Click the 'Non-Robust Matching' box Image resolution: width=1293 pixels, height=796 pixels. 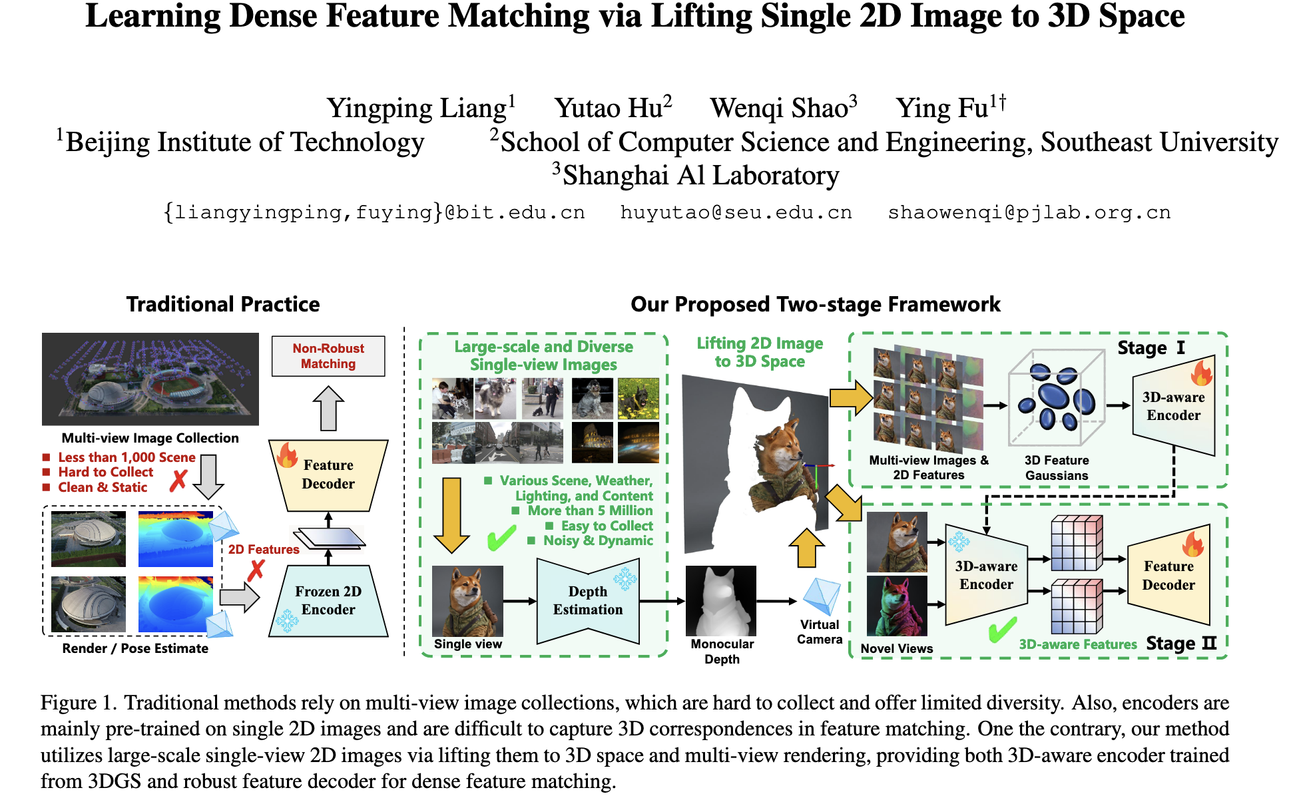pos(328,356)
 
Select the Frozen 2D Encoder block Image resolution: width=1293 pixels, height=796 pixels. pos(328,600)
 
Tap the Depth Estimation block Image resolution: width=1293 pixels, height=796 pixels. pos(588,600)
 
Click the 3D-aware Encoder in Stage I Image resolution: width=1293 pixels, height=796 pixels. pos(1173,406)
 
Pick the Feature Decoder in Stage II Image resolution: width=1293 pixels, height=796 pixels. pos(1168,576)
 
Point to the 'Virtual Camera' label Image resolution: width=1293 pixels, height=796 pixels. pos(820,632)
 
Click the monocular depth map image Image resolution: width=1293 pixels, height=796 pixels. pos(721,601)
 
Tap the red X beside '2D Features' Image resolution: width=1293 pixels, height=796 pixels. pos(256,570)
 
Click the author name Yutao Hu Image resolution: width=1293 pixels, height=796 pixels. pos(613,108)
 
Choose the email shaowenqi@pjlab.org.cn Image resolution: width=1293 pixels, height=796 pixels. pos(1029,212)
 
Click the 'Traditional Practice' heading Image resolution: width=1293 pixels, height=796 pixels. pos(223,304)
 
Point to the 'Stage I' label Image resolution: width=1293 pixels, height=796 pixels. pos(1151,347)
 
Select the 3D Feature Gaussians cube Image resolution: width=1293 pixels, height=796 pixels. pos(1056,397)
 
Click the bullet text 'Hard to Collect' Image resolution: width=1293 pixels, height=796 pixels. pos(105,472)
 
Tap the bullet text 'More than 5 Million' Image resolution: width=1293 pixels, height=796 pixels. pos(590,510)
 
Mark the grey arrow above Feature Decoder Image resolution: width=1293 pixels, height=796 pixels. pos(328,408)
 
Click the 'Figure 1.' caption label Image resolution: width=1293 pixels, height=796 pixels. pos(79,703)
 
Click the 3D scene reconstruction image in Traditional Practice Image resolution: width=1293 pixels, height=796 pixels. pos(150,379)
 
